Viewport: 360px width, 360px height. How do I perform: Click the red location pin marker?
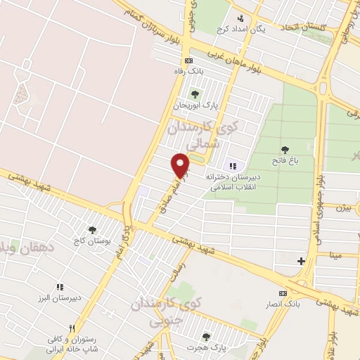pos(181,166)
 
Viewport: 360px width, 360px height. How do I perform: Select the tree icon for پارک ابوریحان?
pos(195,94)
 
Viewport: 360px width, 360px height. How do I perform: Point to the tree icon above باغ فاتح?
pos(285,149)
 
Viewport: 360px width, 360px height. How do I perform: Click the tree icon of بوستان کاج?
pos(92,229)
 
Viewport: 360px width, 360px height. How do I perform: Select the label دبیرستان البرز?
pos(60,297)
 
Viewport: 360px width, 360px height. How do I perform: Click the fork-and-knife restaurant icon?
pos(71,328)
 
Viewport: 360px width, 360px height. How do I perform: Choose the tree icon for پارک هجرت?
pos(206,337)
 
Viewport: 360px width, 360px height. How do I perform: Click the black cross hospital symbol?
pos(301,261)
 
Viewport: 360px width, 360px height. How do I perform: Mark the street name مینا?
pos(337,254)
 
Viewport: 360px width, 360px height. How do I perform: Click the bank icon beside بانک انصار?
pos(283,292)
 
